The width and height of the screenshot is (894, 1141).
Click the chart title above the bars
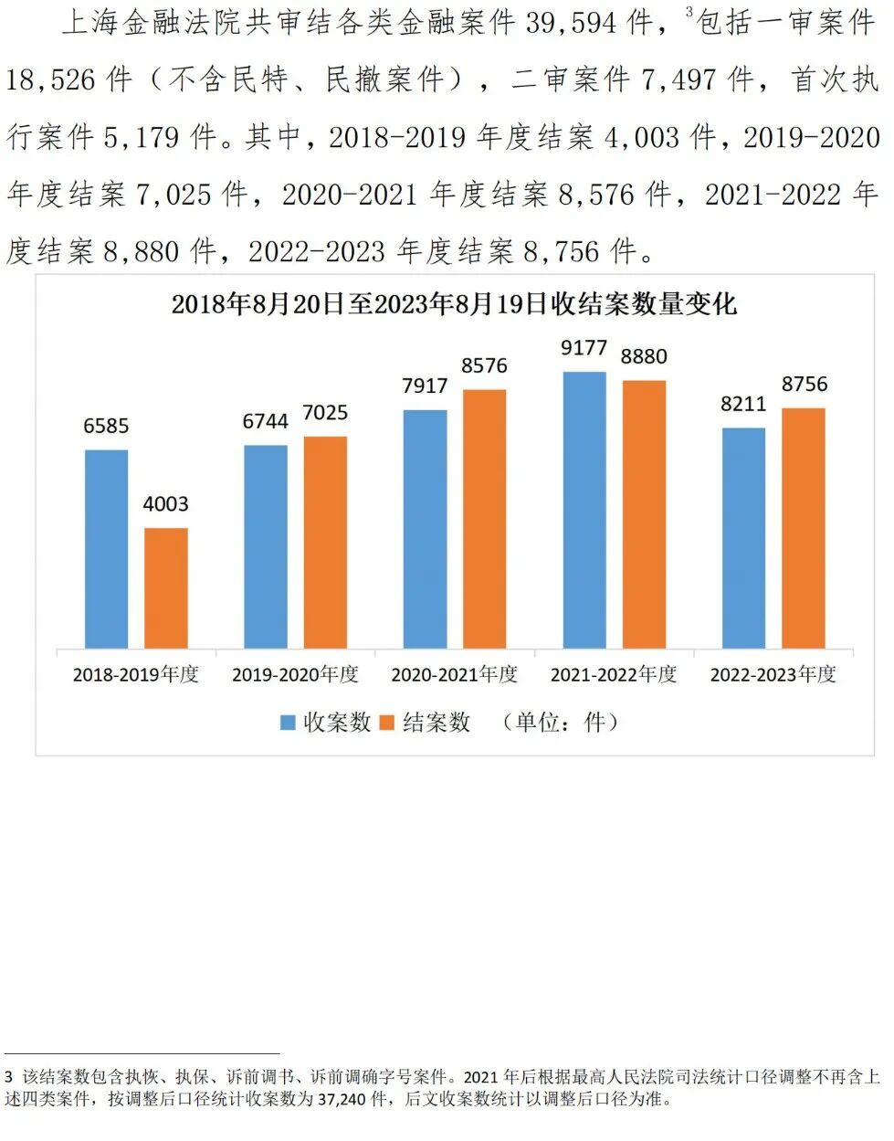click(454, 304)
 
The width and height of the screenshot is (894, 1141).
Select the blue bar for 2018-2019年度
click(107, 548)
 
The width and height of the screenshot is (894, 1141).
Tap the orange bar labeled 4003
click(166, 587)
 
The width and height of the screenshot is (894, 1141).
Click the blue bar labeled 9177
click(584, 510)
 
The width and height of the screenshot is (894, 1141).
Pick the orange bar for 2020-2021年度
click(484, 519)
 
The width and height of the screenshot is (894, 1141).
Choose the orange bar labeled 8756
click(804, 528)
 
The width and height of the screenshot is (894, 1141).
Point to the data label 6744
click(266, 421)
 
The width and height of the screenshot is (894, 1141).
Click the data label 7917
click(425, 386)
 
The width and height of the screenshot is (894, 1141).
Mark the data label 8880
click(644, 356)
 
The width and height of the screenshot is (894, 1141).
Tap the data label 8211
click(743, 404)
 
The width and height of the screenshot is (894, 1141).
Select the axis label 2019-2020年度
click(295, 675)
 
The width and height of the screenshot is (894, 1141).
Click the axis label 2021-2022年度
click(614, 675)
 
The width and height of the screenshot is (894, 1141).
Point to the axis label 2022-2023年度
click(773, 675)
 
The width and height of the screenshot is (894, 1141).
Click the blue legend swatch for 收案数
click(288, 723)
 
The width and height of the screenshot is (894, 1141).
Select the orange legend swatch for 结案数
click(387, 723)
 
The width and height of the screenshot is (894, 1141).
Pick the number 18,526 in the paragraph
click(50, 80)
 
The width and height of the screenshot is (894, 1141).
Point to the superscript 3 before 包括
click(689, 12)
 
